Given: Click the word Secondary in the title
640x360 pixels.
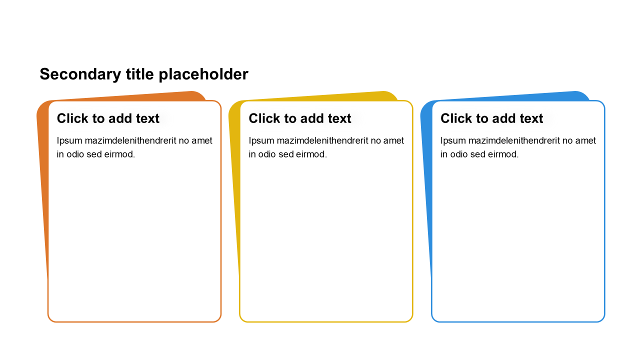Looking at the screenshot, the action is pos(80,74).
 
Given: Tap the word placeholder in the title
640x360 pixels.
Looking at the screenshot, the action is pos(203,74).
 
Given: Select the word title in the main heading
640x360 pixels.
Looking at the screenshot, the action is pos(140,74).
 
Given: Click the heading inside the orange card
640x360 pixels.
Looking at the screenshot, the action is pos(108,118).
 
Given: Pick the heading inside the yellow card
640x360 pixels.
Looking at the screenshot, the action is pos(300,118).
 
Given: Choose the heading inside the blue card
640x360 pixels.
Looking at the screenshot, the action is pos(491,118).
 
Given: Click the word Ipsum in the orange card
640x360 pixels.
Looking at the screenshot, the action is pos(69,141).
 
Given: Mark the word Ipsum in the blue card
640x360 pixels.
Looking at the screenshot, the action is pos(453,141).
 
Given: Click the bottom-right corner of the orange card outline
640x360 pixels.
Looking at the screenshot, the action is pos(218,319).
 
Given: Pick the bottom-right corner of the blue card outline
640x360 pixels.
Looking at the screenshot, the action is pos(602,319).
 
